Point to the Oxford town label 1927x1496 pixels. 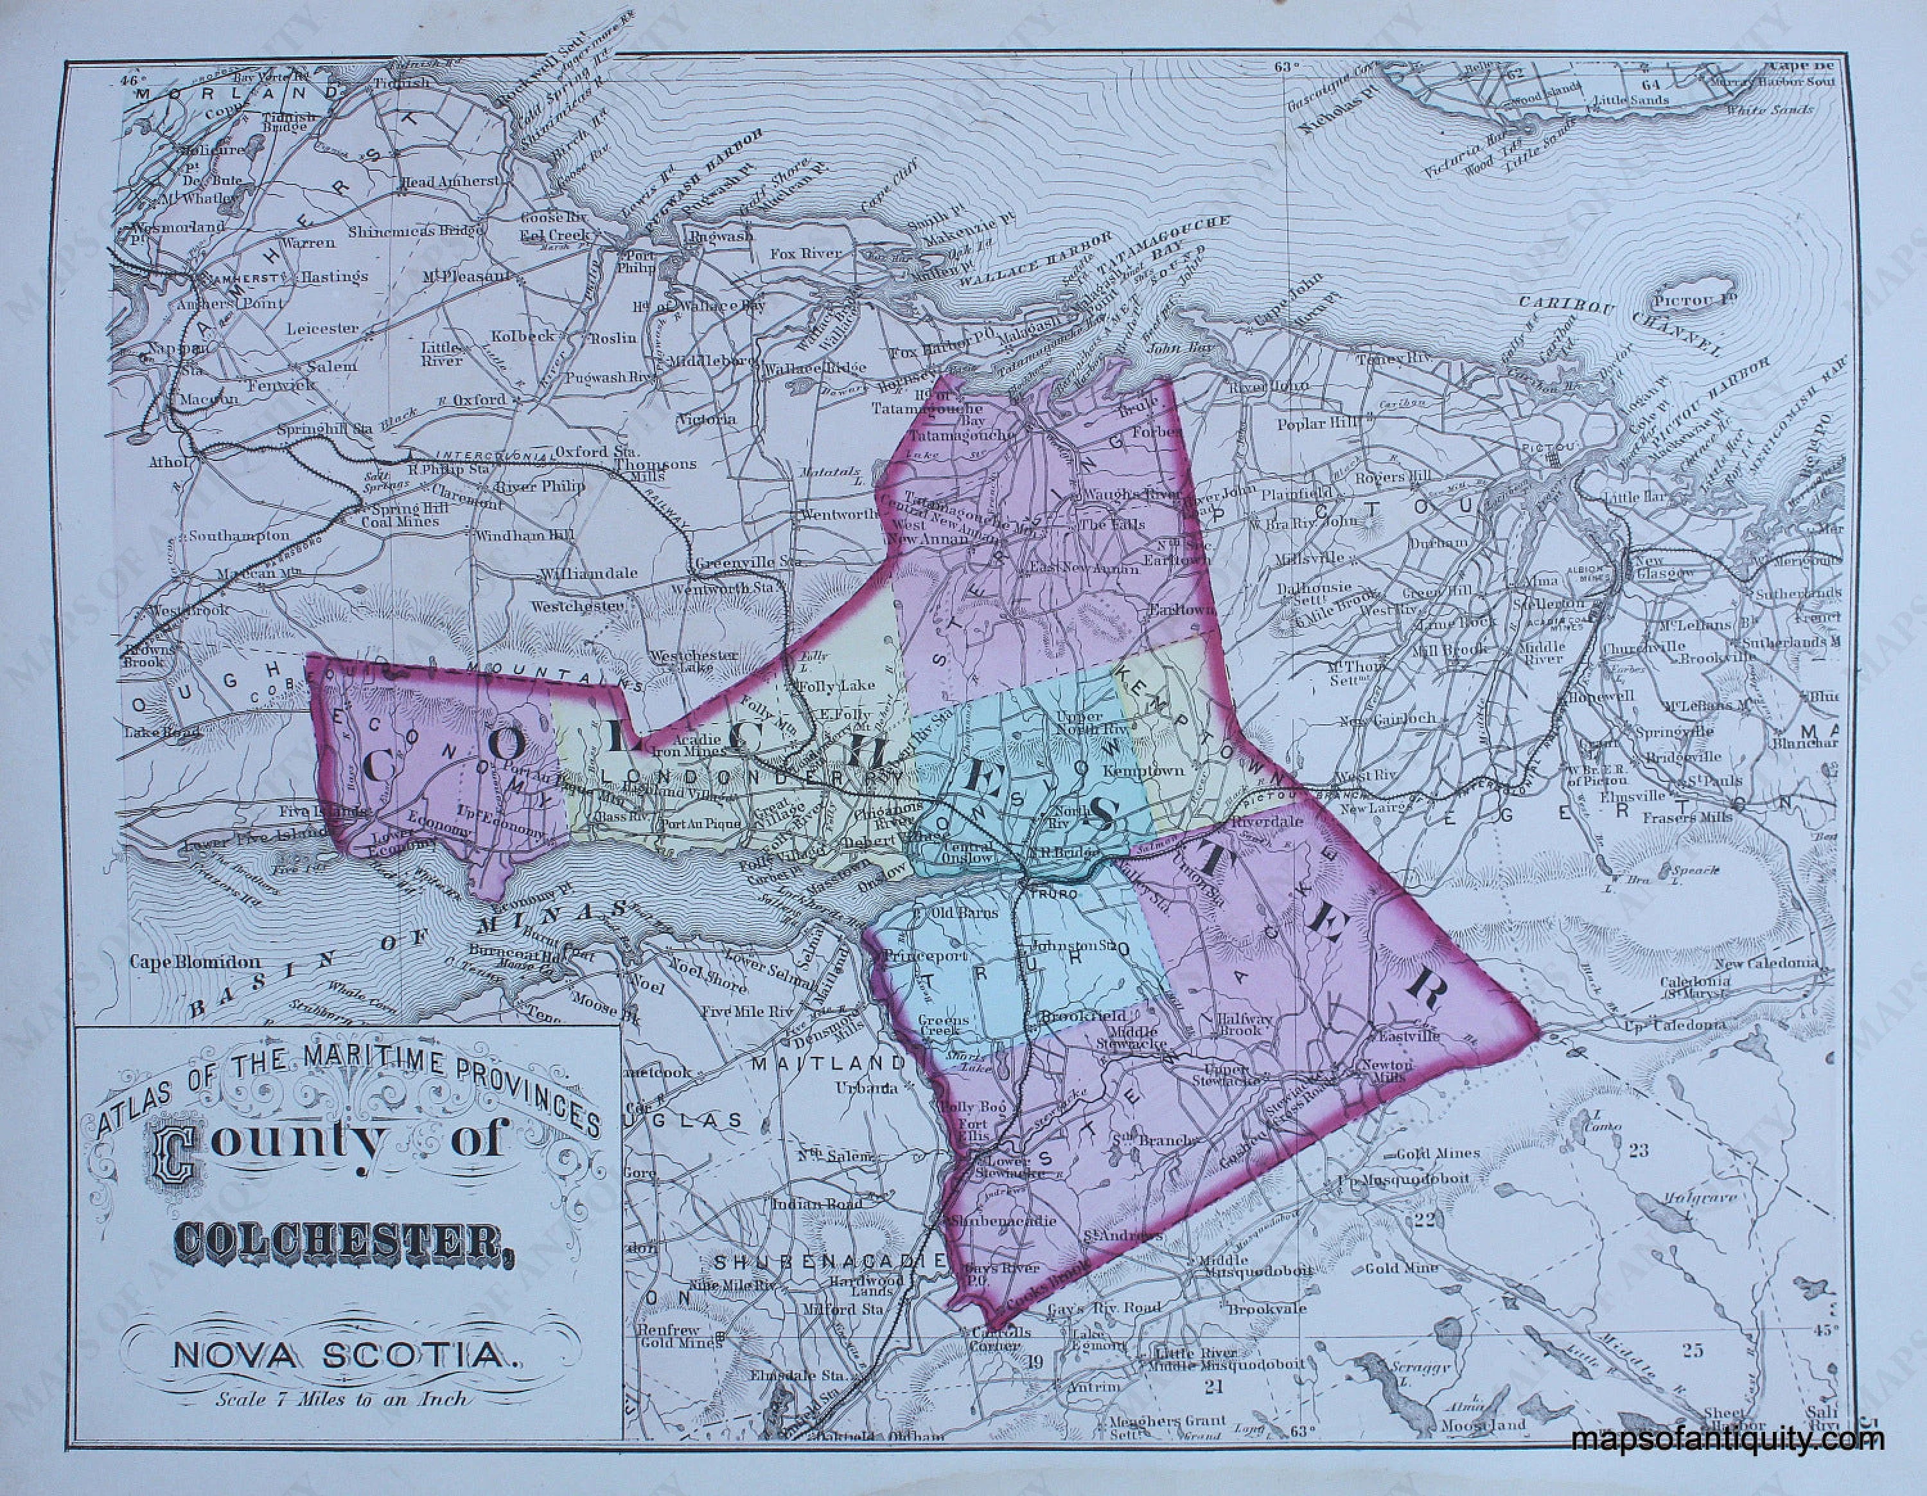tap(480, 399)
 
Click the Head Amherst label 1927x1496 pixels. tap(450, 181)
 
